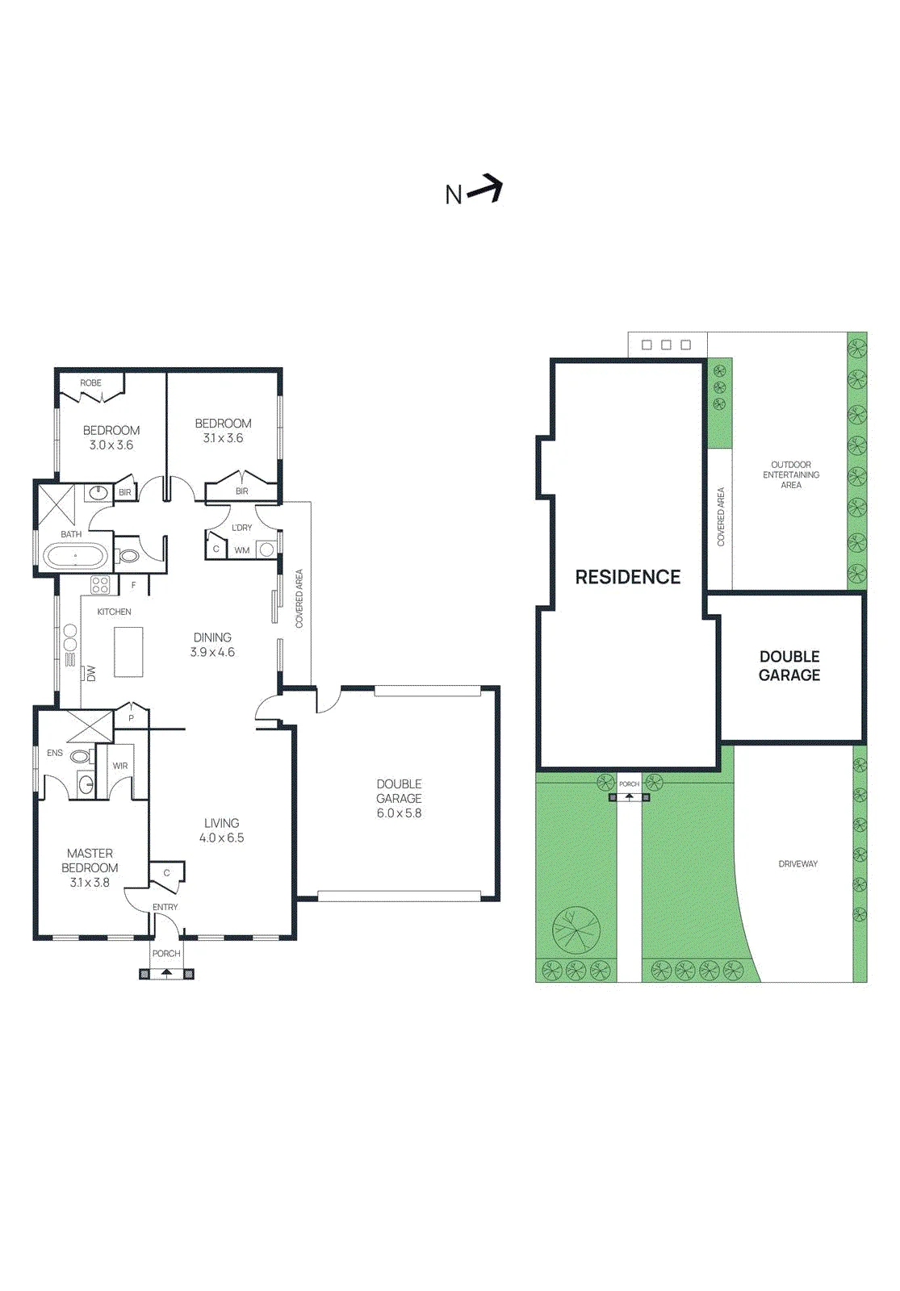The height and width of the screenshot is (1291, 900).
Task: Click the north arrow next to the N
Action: (485, 188)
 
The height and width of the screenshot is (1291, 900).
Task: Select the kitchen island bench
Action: (128, 651)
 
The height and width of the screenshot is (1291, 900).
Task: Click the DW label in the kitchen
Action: (91, 673)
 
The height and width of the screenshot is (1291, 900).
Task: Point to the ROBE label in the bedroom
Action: (90, 382)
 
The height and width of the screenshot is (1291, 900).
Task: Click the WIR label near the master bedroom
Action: (120, 766)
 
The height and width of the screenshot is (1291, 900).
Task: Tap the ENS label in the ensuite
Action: (55, 753)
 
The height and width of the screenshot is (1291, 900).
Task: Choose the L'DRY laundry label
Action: (241, 528)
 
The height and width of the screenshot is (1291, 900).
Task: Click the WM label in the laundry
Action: (242, 550)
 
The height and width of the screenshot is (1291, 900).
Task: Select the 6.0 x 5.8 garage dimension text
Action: (399, 813)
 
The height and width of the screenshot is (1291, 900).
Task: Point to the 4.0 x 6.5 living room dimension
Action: (221, 838)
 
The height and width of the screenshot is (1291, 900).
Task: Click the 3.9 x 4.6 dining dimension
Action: (212, 653)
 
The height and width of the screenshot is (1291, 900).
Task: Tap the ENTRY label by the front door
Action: (165, 907)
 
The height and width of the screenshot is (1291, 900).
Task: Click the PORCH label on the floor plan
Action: (166, 953)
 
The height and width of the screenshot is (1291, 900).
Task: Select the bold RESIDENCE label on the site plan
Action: (628, 577)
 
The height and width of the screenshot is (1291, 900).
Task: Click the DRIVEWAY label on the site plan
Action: (798, 863)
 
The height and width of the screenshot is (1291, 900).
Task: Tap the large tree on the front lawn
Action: (576, 930)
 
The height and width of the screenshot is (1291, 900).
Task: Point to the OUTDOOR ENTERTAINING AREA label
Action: (791, 474)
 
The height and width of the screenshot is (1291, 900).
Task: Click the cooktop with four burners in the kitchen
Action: (100, 585)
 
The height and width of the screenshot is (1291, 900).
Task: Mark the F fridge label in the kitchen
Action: (133, 585)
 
